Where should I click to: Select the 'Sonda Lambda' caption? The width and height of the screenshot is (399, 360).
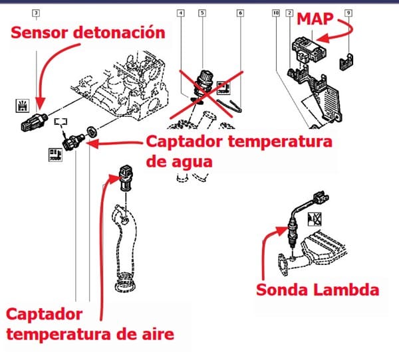(x=318, y=290)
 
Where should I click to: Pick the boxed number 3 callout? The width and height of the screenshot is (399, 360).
(x=35, y=13)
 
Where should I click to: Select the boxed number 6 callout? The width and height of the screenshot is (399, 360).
(x=239, y=13)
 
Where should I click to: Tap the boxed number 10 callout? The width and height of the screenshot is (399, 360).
(x=276, y=13)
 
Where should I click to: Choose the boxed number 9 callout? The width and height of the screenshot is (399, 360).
(x=348, y=13)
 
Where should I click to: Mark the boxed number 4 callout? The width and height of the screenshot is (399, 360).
(x=180, y=13)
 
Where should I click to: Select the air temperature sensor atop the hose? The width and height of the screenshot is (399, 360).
(x=124, y=174)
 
